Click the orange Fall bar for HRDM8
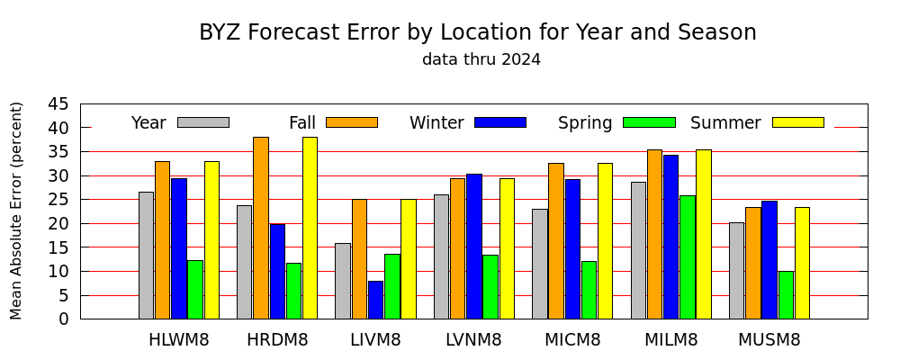261,228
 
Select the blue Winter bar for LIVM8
376,300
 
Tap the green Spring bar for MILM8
688,257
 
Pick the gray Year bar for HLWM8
147,256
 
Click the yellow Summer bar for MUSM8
803,263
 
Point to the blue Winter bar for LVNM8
474,247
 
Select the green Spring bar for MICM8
589,290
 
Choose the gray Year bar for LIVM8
343,281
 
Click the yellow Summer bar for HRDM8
310,228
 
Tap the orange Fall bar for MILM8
655,234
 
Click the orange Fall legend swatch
352,122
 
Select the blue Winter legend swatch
500,122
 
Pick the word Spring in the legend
585,123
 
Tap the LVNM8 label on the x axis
473,340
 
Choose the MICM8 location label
572,340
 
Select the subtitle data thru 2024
481,59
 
